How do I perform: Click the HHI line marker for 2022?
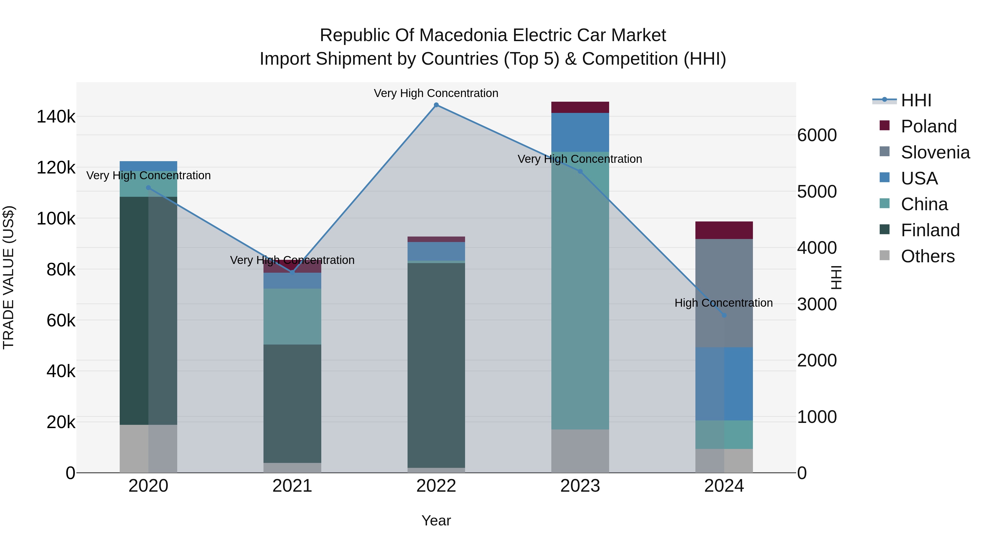pyautogui.click(x=436, y=105)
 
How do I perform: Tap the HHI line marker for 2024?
pyautogui.click(x=724, y=315)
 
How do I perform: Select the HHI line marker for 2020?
pyautogui.click(x=148, y=188)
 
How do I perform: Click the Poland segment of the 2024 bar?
pyautogui.click(x=724, y=230)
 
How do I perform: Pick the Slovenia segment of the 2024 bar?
pyautogui.click(x=724, y=293)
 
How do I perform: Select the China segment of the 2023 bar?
pyautogui.click(x=580, y=291)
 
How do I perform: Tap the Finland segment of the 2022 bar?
pyautogui.click(x=436, y=364)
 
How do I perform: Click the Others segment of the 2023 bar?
pyautogui.click(x=580, y=451)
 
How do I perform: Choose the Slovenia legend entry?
pyautogui.click(x=935, y=152)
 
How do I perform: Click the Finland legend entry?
pyautogui.click(x=930, y=230)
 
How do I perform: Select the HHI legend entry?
pyautogui.click(x=916, y=100)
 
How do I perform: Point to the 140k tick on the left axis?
pyautogui.click(x=56, y=116)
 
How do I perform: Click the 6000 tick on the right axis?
pyautogui.click(x=817, y=135)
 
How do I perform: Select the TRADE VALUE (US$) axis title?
pyautogui.click(x=8, y=277)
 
